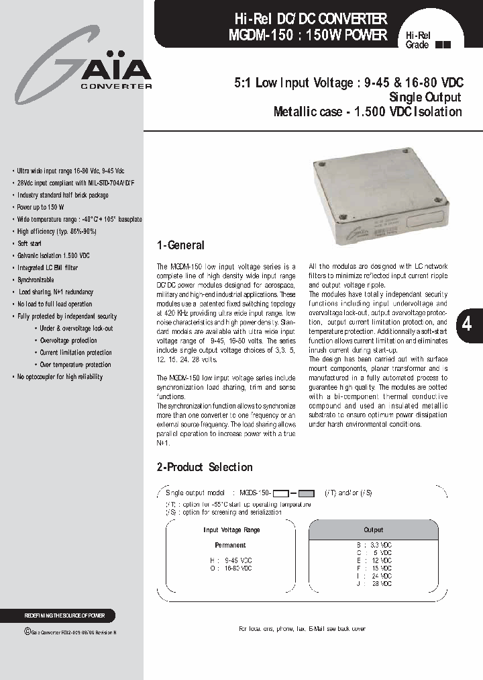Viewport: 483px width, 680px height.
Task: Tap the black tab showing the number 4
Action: (468, 324)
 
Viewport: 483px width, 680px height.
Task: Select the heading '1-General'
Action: (180, 245)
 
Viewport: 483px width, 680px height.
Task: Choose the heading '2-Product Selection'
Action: (204, 467)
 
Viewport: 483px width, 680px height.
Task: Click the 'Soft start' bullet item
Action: (30, 243)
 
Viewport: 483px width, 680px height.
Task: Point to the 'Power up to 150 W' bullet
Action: (41, 207)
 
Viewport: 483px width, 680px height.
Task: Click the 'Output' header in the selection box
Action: (373, 529)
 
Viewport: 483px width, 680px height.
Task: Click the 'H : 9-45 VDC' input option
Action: (231, 560)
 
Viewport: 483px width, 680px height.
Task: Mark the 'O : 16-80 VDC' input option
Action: (231, 568)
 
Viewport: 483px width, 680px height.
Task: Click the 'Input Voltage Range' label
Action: (231, 530)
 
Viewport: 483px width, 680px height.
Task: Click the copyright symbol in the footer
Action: (27, 631)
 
